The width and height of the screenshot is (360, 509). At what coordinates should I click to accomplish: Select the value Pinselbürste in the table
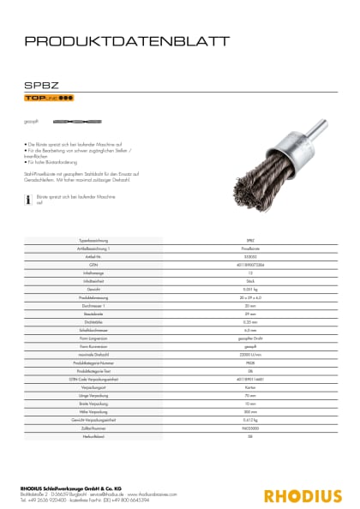[250, 248]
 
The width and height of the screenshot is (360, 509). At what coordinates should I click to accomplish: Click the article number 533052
[250, 255]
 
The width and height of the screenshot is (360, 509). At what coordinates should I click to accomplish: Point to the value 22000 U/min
[250, 355]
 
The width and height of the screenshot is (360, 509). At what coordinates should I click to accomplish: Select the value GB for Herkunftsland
[250, 434]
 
